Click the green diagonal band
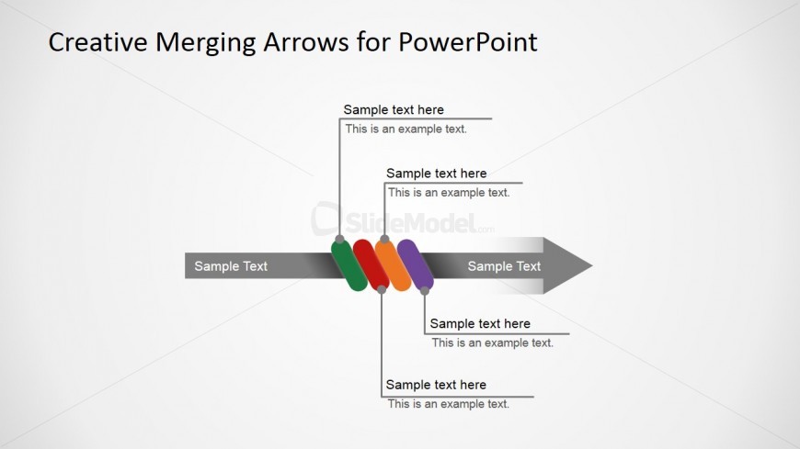pyautogui.click(x=348, y=267)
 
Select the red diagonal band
pyautogui.click(x=370, y=265)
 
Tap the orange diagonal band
pyautogui.click(x=393, y=265)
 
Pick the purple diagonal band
pyautogui.click(x=415, y=265)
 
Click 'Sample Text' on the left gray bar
pyautogui.click(x=231, y=266)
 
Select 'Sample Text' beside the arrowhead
pyautogui.click(x=504, y=266)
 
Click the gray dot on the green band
pyautogui.click(x=339, y=240)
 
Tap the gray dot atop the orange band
pyautogui.click(x=384, y=239)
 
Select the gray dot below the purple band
pyautogui.click(x=425, y=291)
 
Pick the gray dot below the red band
pyautogui.click(x=381, y=290)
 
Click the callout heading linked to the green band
pyautogui.click(x=394, y=110)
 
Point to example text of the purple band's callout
pyautogui.click(x=493, y=342)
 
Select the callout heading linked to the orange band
pyautogui.click(x=436, y=174)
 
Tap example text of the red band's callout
pyautogui.click(x=449, y=404)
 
